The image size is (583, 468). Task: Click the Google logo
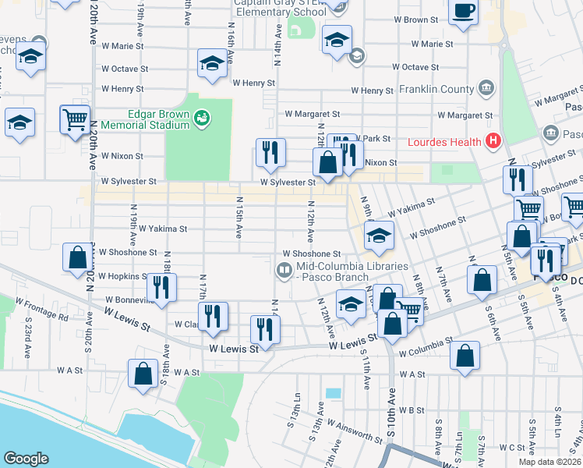(x=26, y=459)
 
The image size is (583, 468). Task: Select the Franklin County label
(x=436, y=89)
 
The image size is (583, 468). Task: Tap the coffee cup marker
(x=464, y=12)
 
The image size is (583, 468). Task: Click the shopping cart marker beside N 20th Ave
(x=75, y=120)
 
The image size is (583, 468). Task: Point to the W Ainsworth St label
(x=355, y=431)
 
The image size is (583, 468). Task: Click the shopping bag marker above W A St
(x=143, y=373)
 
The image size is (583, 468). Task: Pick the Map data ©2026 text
(x=549, y=462)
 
